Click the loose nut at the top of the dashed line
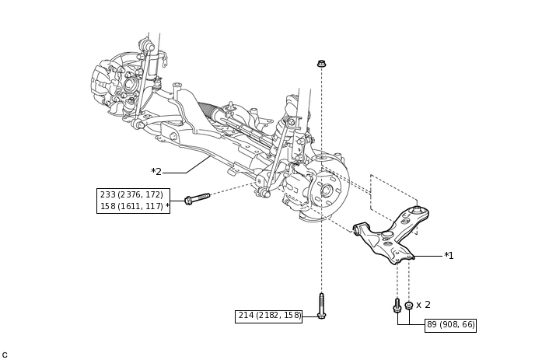coord(321,63)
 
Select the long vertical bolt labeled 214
coord(321,305)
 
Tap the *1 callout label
coord(449,255)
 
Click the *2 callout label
coord(156,172)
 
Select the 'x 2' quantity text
coord(423,305)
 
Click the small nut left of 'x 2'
coord(409,306)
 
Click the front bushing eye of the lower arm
coord(358,229)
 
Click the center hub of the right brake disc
coord(327,190)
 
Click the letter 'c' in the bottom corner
coord(5,355)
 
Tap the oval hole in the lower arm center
coord(387,234)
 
